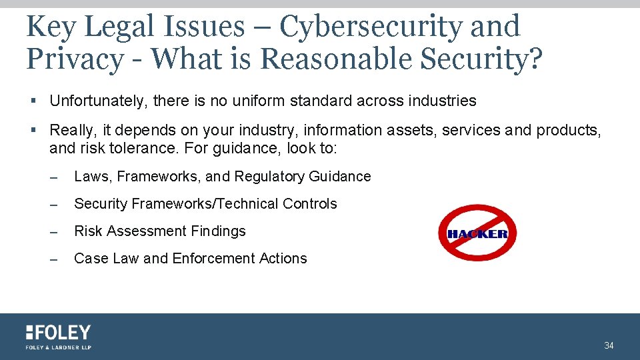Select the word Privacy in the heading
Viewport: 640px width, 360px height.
(x=73, y=59)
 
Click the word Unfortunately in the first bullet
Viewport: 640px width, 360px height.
(x=99, y=101)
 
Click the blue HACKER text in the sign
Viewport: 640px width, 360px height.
(x=477, y=234)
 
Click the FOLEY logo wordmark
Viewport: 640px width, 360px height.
(x=59, y=332)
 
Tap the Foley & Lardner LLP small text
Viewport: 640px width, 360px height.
(x=59, y=347)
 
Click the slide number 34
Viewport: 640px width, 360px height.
(x=609, y=345)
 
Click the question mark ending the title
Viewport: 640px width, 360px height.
(x=535, y=59)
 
